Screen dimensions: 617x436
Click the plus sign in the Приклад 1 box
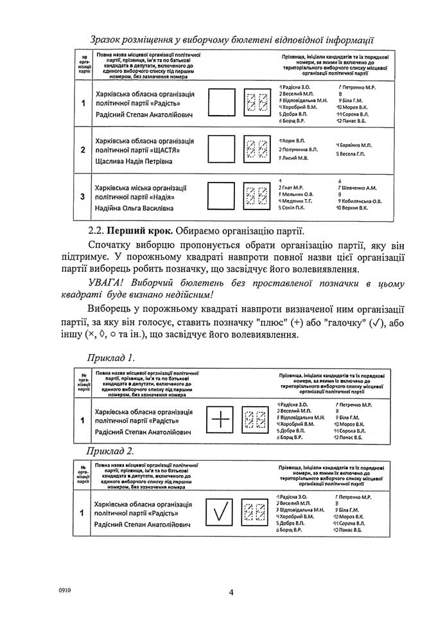pyautogui.click(x=220, y=420)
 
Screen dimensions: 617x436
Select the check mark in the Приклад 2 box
pyautogui.click(x=220, y=512)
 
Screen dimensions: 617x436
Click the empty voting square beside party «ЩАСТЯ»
pyautogui.click(x=222, y=150)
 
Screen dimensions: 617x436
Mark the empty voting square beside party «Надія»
pyautogui.click(x=222, y=197)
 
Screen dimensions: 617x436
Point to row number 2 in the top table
pyautogui.click(x=83, y=150)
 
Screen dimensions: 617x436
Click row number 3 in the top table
pyautogui.click(x=83, y=197)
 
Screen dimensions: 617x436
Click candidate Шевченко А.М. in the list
pyautogui.click(x=360, y=188)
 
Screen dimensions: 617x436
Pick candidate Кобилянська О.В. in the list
pyautogui.click(x=363, y=201)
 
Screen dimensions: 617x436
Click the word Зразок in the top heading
pyautogui.click(x=109, y=40)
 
